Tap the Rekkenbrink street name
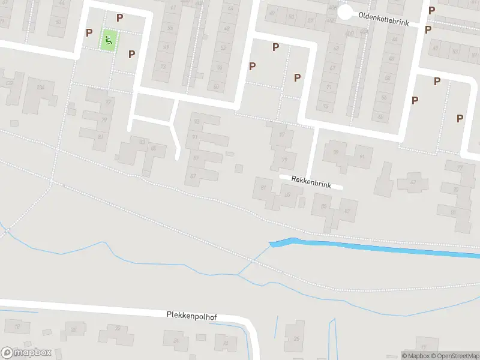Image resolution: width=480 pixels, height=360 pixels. click(x=311, y=182)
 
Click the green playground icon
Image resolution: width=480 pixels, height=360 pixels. click(x=109, y=40)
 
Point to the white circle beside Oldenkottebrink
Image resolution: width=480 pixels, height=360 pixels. click(x=344, y=12)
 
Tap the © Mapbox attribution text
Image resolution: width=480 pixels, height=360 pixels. click(x=415, y=356)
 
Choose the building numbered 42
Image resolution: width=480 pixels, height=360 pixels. click(x=412, y=182)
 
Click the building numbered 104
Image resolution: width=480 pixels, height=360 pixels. click(x=40, y=88)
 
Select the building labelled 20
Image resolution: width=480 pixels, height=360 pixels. click(x=73, y=329)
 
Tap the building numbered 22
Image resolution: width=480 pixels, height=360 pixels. click(x=118, y=328)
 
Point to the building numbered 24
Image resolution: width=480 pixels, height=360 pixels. click(x=176, y=340)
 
